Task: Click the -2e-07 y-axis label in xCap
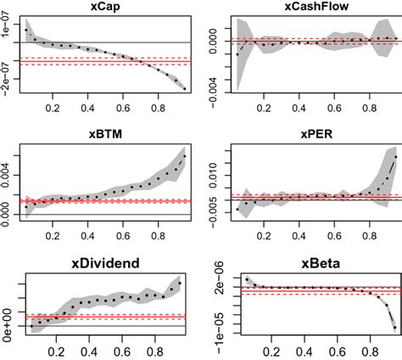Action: click(x=7, y=80)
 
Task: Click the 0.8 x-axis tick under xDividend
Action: click(x=158, y=349)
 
